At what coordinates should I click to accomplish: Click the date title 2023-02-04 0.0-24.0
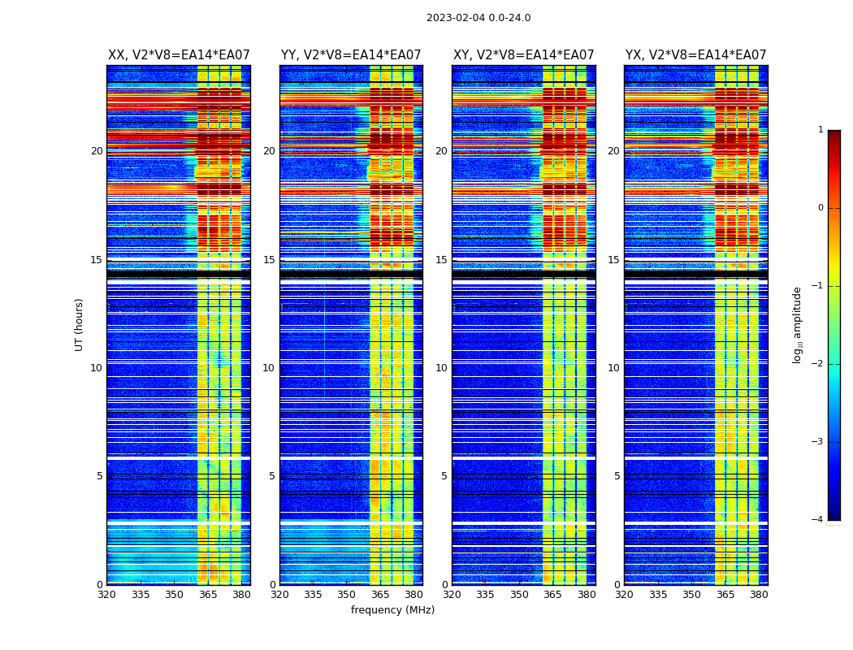(x=478, y=18)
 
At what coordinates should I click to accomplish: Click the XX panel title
(x=179, y=55)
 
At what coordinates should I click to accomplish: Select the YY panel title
(x=351, y=55)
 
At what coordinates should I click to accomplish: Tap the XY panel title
(x=524, y=55)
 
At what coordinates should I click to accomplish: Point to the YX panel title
(x=696, y=55)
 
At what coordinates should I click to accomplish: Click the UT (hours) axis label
(x=80, y=324)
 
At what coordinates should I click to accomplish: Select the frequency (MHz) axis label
(x=392, y=610)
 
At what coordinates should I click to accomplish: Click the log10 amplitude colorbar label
(x=798, y=324)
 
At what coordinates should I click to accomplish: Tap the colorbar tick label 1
(x=821, y=130)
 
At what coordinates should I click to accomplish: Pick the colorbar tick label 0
(x=821, y=208)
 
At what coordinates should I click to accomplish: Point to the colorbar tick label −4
(x=818, y=520)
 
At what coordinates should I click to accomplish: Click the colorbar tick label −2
(x=818, y=364)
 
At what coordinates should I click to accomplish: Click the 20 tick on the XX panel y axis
(x=97, y=151)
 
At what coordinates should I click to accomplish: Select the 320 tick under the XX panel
(x=106, y=595)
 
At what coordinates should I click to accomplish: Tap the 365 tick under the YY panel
(x=380, y=595)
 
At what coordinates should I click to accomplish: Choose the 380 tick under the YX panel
(x=759, y=595)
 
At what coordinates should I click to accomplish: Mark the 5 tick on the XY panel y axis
(x=444, y=476)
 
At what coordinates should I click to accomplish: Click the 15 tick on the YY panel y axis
(x=269, y=260)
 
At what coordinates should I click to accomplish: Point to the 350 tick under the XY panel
(x=519, y=595)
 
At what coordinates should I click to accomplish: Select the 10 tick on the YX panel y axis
(x=613, y=368)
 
